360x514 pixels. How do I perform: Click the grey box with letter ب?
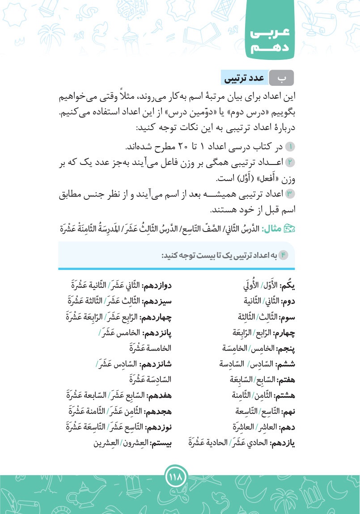coord(282,78)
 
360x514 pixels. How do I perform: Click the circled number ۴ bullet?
coord(285,255)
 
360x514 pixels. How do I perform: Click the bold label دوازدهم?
coord(160,284)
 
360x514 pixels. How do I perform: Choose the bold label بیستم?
coord(163,443)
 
